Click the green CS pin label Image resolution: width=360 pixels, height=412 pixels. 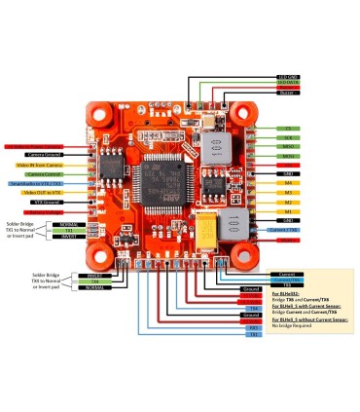coord(287,129)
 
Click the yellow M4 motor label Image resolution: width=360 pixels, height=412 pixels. coord(287,182)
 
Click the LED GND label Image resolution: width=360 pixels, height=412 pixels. coord(287,76)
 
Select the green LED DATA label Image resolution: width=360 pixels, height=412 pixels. coord(287,84)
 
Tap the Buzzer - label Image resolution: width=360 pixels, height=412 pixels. coord(287,93)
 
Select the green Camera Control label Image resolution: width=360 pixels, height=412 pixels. coord(43,173)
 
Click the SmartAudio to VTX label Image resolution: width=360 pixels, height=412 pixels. coord(37,183)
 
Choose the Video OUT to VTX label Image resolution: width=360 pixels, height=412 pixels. coord(43,192)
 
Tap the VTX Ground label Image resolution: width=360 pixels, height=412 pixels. coord(43,202)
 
